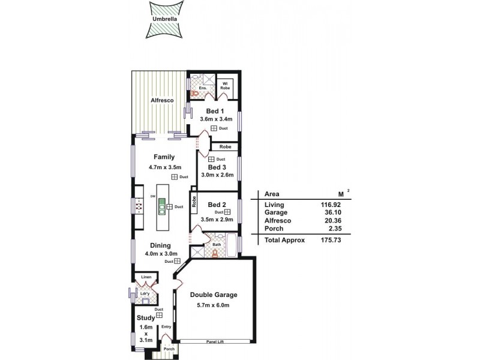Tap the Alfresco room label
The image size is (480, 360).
click(162, 101)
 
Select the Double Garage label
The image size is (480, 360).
click(214, 295)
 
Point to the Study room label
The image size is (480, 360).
click(146, 318)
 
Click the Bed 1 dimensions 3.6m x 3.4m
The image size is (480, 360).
click(215, 120)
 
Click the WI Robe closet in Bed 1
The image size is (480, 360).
click(226, 85)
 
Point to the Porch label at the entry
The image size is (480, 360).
click(169, 349)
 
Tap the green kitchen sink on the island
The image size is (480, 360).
click(161, 208)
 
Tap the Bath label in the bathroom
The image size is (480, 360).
click(217, 245)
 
